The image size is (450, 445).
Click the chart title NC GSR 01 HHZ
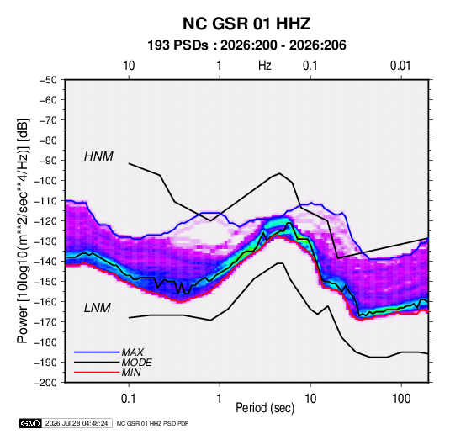tap(246, 24)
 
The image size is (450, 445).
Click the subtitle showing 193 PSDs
tap(246, 45)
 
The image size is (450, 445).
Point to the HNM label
tap(98, 156)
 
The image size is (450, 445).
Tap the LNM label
tap(98, 308)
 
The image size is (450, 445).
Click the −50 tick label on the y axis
tap(48, 80)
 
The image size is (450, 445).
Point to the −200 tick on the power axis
tap(45, 383)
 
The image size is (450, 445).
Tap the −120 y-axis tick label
tap(45, 221)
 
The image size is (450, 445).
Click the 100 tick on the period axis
tap(401, 399)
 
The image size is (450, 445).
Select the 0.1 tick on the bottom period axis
tap(129, 399)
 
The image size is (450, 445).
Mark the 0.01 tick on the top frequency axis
tap(400, 66)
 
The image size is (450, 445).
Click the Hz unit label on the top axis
tap(265, 66)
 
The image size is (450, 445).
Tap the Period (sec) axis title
tap(265, 407)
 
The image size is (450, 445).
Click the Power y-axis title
tap(23, 230)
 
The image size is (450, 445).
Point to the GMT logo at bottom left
tap(31, 423)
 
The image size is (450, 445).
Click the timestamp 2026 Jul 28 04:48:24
tap(77, 423)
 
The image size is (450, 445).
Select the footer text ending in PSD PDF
tap(153, 423)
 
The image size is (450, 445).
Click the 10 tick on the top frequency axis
tap(129, 66)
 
